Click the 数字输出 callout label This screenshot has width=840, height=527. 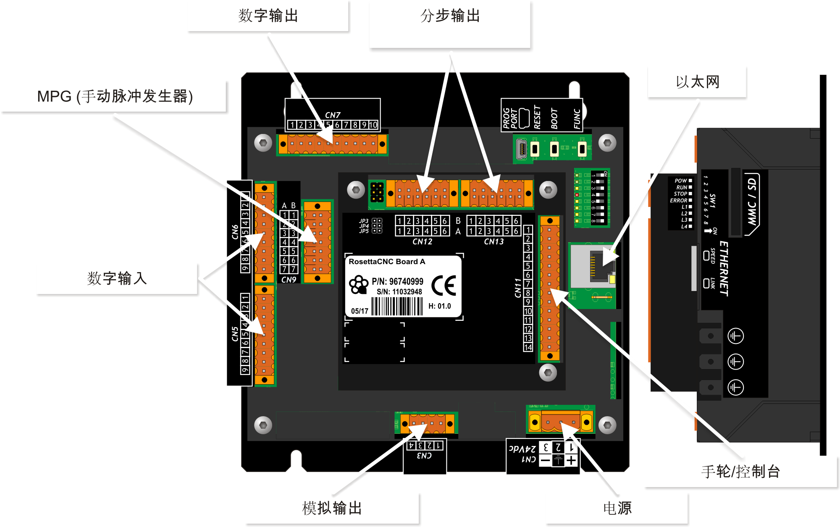(268, 16)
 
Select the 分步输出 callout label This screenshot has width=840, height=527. (450, 16)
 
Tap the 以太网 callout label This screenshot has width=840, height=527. (697, 82)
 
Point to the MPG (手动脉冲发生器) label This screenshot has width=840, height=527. (115, 96)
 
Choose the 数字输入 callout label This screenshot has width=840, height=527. (117, 278)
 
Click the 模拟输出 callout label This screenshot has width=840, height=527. (332, 508)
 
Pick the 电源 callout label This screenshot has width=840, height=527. (617, 508)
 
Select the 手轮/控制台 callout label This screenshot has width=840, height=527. (740, 472)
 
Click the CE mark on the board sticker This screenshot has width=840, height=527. (444, 286)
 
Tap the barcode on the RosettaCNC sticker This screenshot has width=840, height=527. (397, 306)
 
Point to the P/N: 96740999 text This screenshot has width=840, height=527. (397, 281)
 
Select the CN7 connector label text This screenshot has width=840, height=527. (333, 115)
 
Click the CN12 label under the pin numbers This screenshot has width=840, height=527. (422, 242)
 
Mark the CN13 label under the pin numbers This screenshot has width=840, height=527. (493, 242)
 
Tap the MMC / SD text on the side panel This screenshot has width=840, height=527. (751, 202)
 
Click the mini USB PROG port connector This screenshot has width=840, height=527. (521, 149)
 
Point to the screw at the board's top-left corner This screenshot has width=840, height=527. (263, 143)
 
